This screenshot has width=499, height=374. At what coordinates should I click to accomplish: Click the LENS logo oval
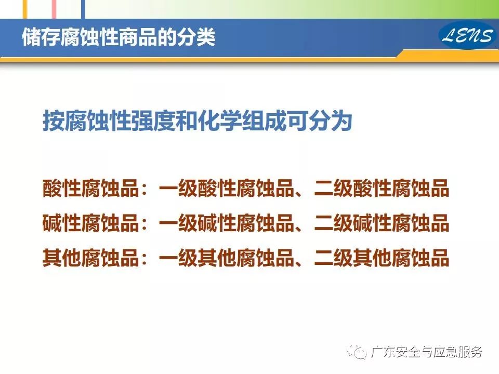click(467, 35)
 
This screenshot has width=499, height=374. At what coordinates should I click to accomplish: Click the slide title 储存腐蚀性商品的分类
click(119, 37)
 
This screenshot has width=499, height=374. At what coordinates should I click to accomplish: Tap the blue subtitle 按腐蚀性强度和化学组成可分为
click(198, 121)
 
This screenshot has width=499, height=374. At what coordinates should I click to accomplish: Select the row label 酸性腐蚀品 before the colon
click(90, 188)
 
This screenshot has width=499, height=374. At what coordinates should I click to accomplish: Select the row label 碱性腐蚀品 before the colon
click(90, 223)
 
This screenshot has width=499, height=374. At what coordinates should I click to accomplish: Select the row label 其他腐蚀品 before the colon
click(90, 258)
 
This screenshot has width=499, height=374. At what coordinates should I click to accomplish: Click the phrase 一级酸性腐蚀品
click(226, 188)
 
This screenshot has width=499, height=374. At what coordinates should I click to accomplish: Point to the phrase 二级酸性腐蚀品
click(382, 188)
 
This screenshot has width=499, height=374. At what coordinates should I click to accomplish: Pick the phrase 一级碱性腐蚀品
click(226, 223)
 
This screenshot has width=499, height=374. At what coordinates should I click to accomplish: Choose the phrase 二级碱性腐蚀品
click(382, 223)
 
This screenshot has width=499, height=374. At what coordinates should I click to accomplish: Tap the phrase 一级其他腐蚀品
click(226, 258)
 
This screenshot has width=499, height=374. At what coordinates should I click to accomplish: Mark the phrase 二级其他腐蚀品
click(382, 258)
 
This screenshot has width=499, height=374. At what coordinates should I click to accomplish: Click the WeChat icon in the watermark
click(358, 352)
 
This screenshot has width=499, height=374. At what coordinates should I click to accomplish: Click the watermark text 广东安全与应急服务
click(427, 352)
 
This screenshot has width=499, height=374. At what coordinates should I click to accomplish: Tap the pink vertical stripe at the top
click(55, 9)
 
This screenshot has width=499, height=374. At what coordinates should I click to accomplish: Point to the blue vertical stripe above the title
click(83, 9)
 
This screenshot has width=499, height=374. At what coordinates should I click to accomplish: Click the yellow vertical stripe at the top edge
click(25, 9)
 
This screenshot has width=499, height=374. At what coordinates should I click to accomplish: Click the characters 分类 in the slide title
click(196, 37)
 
